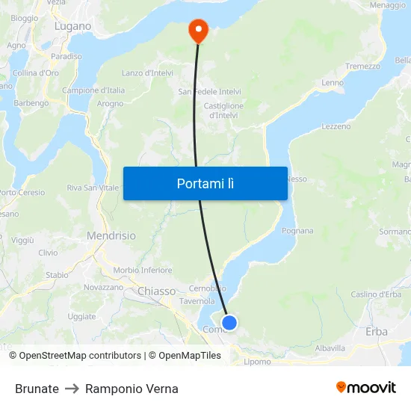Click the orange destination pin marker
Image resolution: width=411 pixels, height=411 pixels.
pyautogui.click(x=198, y=31)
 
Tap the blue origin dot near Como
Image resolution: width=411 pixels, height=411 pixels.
pyautogui.click(x=229, y=323)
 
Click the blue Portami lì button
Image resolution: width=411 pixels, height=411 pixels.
pyautogui.click(x=205, y=183)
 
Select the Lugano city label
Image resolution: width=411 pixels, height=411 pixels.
pyautogui.click(x=72, y=26)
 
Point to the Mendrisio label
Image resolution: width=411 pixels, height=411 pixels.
pyautogui.click(x=111, y=235)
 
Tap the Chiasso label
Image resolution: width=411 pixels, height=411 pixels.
pyautogui.click(x=157, y=291)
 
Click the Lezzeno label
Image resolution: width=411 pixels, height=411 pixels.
pyautogui.click(x=336, y=126)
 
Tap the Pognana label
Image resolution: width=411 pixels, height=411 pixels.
pyautogui.click(x=298, y=231)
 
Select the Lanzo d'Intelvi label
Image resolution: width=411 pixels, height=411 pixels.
pyautogui.click(x=148, y=72)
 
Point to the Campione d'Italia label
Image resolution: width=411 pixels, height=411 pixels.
pyautogui.click(x=93, y=90)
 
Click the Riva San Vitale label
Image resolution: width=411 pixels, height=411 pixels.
pyautogui.click(x=92, y=188)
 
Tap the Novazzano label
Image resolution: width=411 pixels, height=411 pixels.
pyautogui.click(x=103, y=287)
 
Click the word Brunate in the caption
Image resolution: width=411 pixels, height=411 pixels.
pyautogui.click(x=37, y=389)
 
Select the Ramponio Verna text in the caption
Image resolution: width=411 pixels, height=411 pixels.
pyautogui.click(x=132, y=389)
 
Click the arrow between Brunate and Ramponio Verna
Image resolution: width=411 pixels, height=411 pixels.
pyautogui.click(x=72, y=389)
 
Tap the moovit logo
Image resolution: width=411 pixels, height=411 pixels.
pyautogui.click(x=365, y=387)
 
